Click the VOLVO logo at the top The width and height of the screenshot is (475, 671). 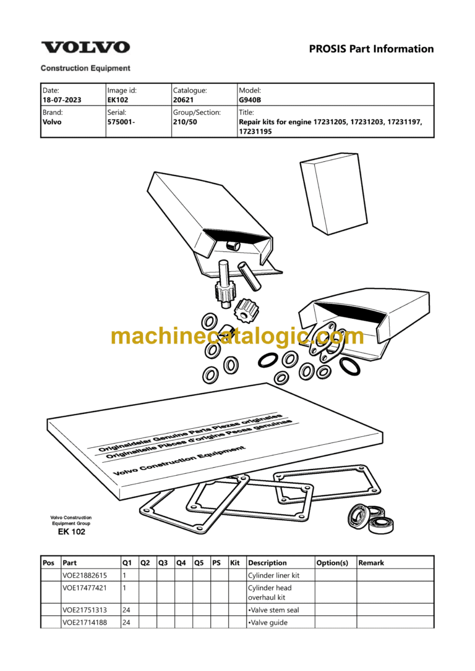coord(85,47)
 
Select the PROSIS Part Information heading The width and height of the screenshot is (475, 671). coord(371,49)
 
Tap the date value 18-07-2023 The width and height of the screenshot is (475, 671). coord(62,99)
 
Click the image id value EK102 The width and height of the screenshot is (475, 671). coord(118,99)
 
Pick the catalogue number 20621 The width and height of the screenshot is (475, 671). coord(183,99)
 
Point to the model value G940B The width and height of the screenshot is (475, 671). coord(250,99)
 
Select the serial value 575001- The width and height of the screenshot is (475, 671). coord(121,122)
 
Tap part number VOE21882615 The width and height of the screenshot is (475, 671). coord(85,576)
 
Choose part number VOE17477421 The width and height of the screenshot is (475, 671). coord(85,588)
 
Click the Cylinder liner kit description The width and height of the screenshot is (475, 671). coord(274,576)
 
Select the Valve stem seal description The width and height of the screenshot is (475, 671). coord(274,610)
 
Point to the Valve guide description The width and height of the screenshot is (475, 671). coord(268,623)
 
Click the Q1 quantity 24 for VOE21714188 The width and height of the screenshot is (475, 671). coord(126,623)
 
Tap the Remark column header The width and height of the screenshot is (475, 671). coord(371,563)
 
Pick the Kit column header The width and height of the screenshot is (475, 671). coord(234,563)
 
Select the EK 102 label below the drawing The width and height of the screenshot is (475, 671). coord(72,532)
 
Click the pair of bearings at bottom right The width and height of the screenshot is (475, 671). coord(371,518)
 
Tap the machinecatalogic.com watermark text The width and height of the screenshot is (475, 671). coord(237,336)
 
